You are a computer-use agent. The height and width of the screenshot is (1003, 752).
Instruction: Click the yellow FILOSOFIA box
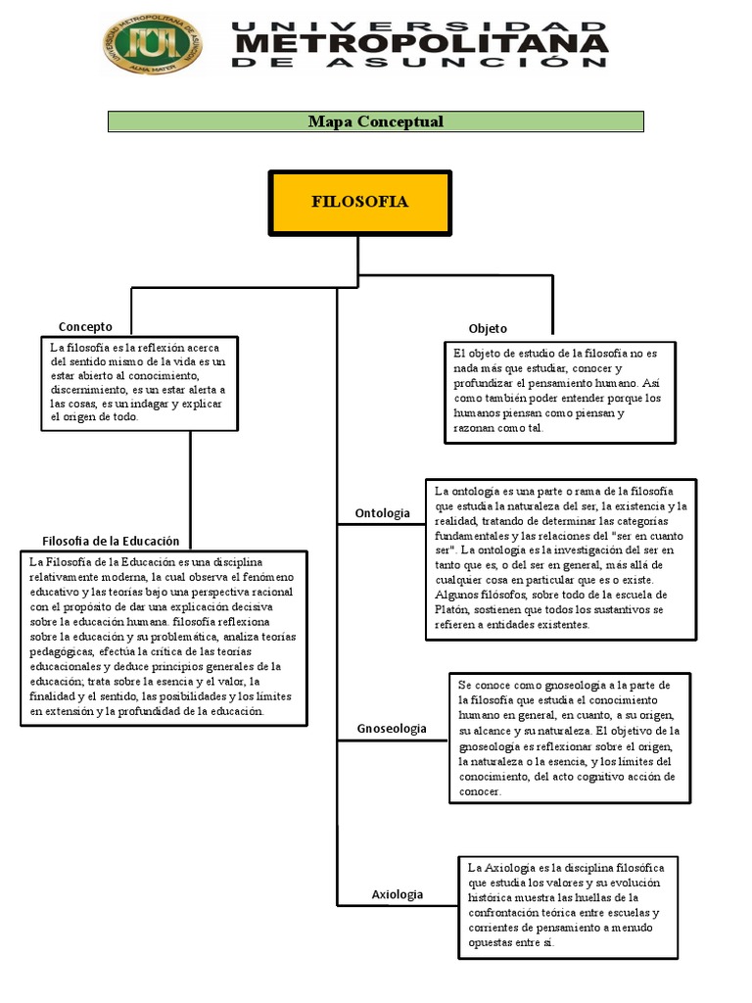point(359,203)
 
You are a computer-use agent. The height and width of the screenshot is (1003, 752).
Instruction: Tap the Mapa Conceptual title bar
point(375,121)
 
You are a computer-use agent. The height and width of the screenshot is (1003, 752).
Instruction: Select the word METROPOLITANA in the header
point(420,44)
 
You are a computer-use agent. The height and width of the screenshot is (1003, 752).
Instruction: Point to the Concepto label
point(85,326)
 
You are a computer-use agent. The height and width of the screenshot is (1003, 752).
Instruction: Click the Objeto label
point(488,328)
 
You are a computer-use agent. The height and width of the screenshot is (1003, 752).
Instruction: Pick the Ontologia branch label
point(383,513)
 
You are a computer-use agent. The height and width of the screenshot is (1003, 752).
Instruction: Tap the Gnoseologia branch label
point(392,728)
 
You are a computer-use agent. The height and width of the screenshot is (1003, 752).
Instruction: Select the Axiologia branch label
point(398,894)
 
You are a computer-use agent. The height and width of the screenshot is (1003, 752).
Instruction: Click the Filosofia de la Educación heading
point(111,541)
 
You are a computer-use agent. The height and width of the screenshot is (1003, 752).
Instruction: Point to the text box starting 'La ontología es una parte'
point(561,559)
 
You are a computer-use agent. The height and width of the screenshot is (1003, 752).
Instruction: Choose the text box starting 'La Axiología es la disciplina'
point(567,907)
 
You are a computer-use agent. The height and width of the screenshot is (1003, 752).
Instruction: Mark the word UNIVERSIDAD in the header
point(420,24)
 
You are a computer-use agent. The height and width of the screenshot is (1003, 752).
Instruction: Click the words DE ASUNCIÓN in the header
point(420,62)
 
